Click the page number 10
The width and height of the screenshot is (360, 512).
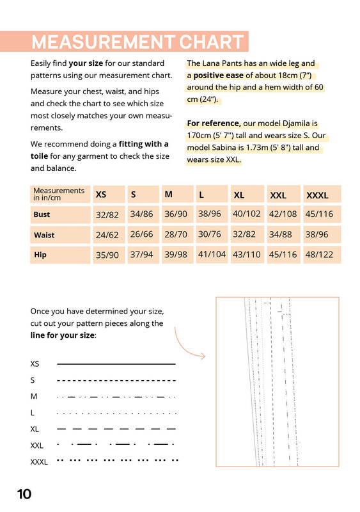(x=24, y=494)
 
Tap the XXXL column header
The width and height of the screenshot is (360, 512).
(x=317, y=195)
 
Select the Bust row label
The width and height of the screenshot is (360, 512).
(x=42, y=214)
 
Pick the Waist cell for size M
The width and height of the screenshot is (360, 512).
(x=176, y=234)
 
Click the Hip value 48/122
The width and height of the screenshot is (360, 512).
(x=319, y=254)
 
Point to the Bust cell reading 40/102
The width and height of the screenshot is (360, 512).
(x=247, y=214)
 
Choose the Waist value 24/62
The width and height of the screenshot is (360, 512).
(x=107, y=235)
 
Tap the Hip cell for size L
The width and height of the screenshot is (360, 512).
(x=212, y=254)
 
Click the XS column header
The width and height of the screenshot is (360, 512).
(x=101, y=195)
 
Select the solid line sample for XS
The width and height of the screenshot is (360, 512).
(x=116, y=364)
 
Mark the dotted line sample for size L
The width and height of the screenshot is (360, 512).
(x=116, y=413)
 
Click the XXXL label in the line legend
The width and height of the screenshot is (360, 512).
(x=39, y=462)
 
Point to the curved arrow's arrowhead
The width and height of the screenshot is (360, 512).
(x=203, y=356)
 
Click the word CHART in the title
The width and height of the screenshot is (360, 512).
(x=211, y=42)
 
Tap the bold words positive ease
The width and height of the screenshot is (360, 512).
(x=218, y=76)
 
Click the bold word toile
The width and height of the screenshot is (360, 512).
(x=39, y=156)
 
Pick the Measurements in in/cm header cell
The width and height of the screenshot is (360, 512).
(x=59, y=194)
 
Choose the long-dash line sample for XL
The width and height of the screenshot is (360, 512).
(x=116, y=429)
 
